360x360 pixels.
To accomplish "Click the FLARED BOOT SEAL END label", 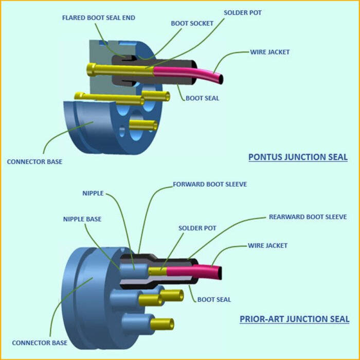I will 98,17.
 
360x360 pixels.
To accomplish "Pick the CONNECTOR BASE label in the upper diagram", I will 34,161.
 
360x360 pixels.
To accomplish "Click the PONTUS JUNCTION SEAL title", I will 298,157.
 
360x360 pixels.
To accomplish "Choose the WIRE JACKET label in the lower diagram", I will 268,245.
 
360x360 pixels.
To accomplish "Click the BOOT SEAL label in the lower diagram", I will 214,299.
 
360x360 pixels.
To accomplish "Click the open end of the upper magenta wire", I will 221,79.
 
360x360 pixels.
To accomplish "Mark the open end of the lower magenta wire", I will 220,272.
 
